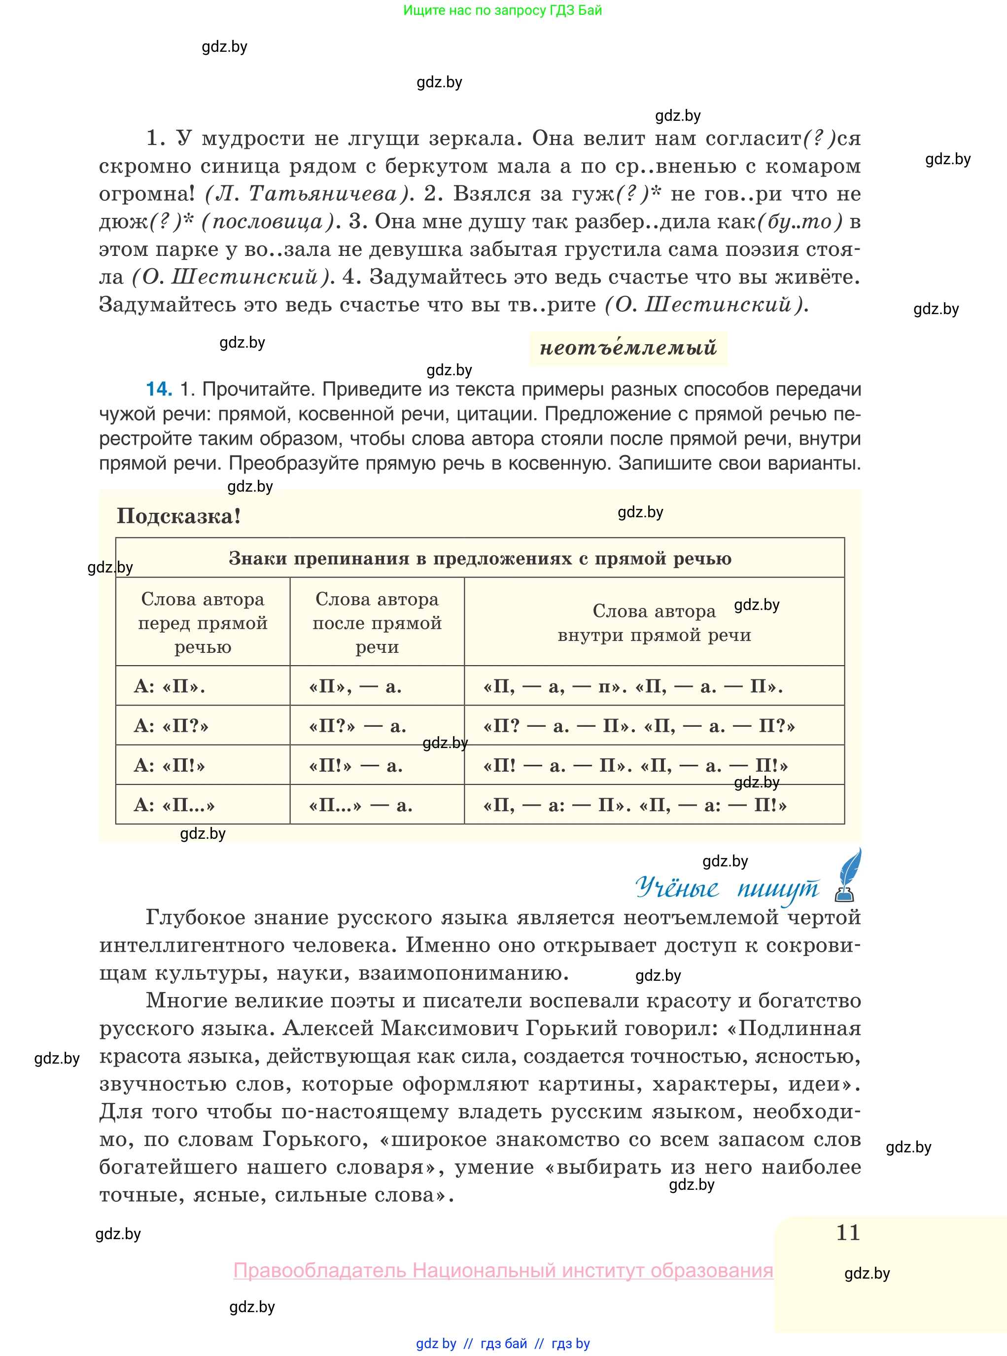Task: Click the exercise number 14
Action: pyautogui.click(x=159, y=389)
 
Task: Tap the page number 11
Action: pyautogui.click(x=848, y=1232)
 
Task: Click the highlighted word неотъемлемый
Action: pyautogui.click(x=628, y=348)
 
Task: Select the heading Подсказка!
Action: pyautogui.click(x=178, y=516)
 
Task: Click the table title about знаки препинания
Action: pyautogui.click(x=480, y=559)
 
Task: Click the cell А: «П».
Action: pyautogui.click(x=170, y=686)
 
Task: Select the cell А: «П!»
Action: pyautogui.click(x=170, y=765)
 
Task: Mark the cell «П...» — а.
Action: pyautogui.click(x=361, y=805)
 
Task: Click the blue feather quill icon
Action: pyautogui.click(x=850, y=875)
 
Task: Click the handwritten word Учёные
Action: pyautogui.click(x=677, y=888)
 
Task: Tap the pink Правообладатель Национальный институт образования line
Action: pyautogui.click(x=503, y=1270)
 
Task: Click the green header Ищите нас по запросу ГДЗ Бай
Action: pyautogui.click(x=503, y=10)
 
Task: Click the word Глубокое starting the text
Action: pyautogui.click(x=196, y=917)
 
